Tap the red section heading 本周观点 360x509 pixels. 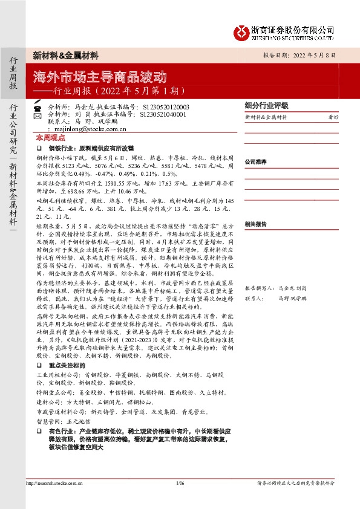(x=48, y=138)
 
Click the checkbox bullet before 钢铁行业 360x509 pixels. (x=39, y=148)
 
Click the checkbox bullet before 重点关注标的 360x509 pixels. (x=39, y=366)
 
